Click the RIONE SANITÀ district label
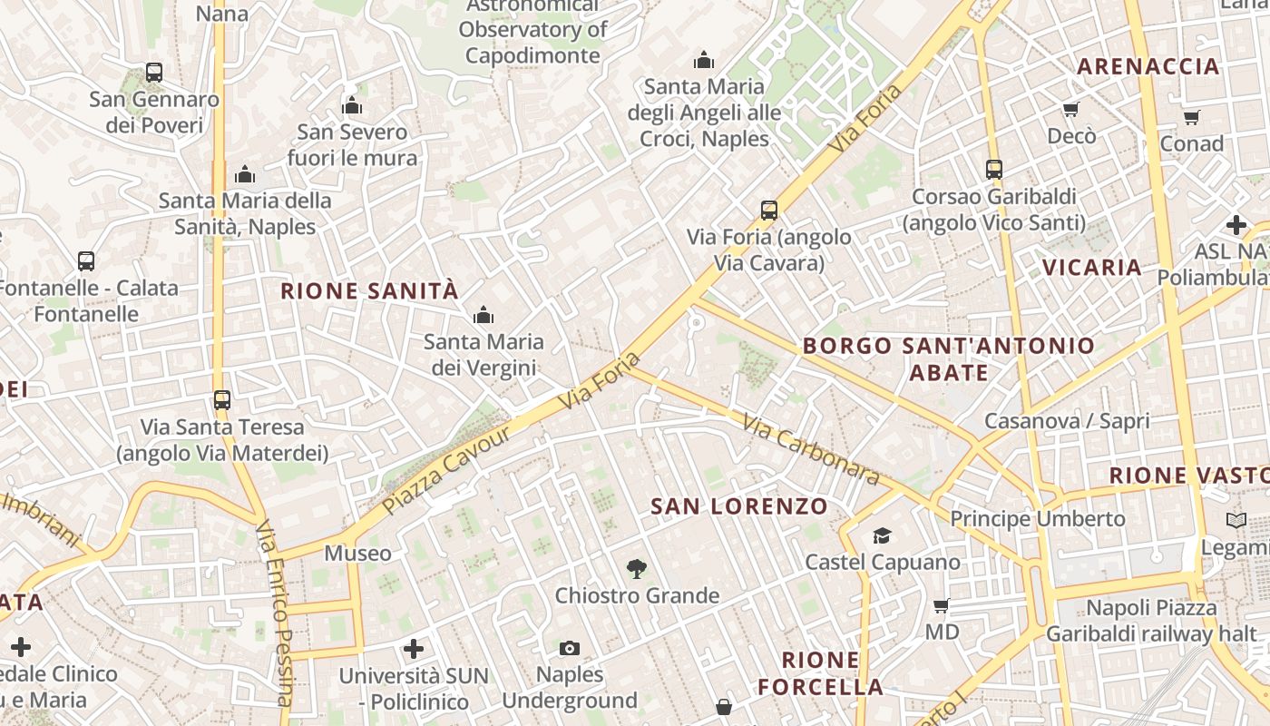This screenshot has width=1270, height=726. tap(369, 291)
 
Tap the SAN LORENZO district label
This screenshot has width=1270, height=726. tap(739, 506)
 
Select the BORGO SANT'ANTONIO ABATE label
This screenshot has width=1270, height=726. tap(948, 358)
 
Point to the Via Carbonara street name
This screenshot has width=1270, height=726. tap(810, 449)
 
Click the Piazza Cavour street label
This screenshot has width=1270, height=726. tap(444, 469)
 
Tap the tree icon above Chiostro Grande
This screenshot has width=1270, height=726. tap(637, 569)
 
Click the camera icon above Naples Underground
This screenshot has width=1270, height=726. tap(570, 648)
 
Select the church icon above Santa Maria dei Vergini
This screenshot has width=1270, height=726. tap(484, 315)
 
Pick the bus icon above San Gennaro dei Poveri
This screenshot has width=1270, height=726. tap(154, 73)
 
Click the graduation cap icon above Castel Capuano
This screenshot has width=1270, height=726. tap(882, 535)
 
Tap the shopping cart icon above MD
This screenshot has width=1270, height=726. tap(942, 605)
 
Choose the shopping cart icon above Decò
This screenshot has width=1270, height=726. tap(1071, 110)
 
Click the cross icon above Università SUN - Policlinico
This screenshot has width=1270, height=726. tap(414, 649)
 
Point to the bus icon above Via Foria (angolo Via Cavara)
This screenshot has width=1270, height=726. tap(769, 211)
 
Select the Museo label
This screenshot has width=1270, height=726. tap(358, 553)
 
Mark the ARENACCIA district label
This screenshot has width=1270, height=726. tap(1148, 66)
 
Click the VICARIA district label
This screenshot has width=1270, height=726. tap(1091, 267)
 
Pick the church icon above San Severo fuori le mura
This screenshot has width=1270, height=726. tap(352, 106)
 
